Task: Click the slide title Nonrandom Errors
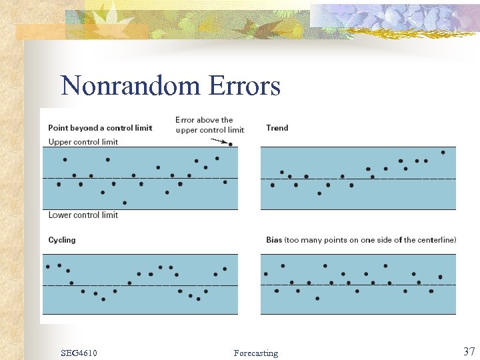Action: [170, 86]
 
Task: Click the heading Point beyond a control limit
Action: [100, 128]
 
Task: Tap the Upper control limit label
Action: [83, 142]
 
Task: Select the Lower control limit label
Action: [83, 215]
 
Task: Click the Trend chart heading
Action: [277, 128]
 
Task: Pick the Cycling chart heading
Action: [62, 240]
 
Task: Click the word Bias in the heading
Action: [274, 240]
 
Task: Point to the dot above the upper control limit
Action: [230, 144]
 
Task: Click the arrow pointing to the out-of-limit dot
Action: [217, 141]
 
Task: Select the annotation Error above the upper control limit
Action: [209, 125]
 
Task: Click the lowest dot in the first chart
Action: [125, 203]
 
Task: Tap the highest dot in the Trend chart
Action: [443, 152]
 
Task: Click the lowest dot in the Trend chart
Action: [319, 193]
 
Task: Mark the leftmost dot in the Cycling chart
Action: [47, 267]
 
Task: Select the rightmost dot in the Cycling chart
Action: [225, 269]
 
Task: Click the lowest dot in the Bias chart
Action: [317, 299]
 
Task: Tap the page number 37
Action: [469, 351]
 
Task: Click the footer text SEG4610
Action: [78, 353]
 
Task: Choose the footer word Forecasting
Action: [256, 353]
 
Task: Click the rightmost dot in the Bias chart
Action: [440, 277]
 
